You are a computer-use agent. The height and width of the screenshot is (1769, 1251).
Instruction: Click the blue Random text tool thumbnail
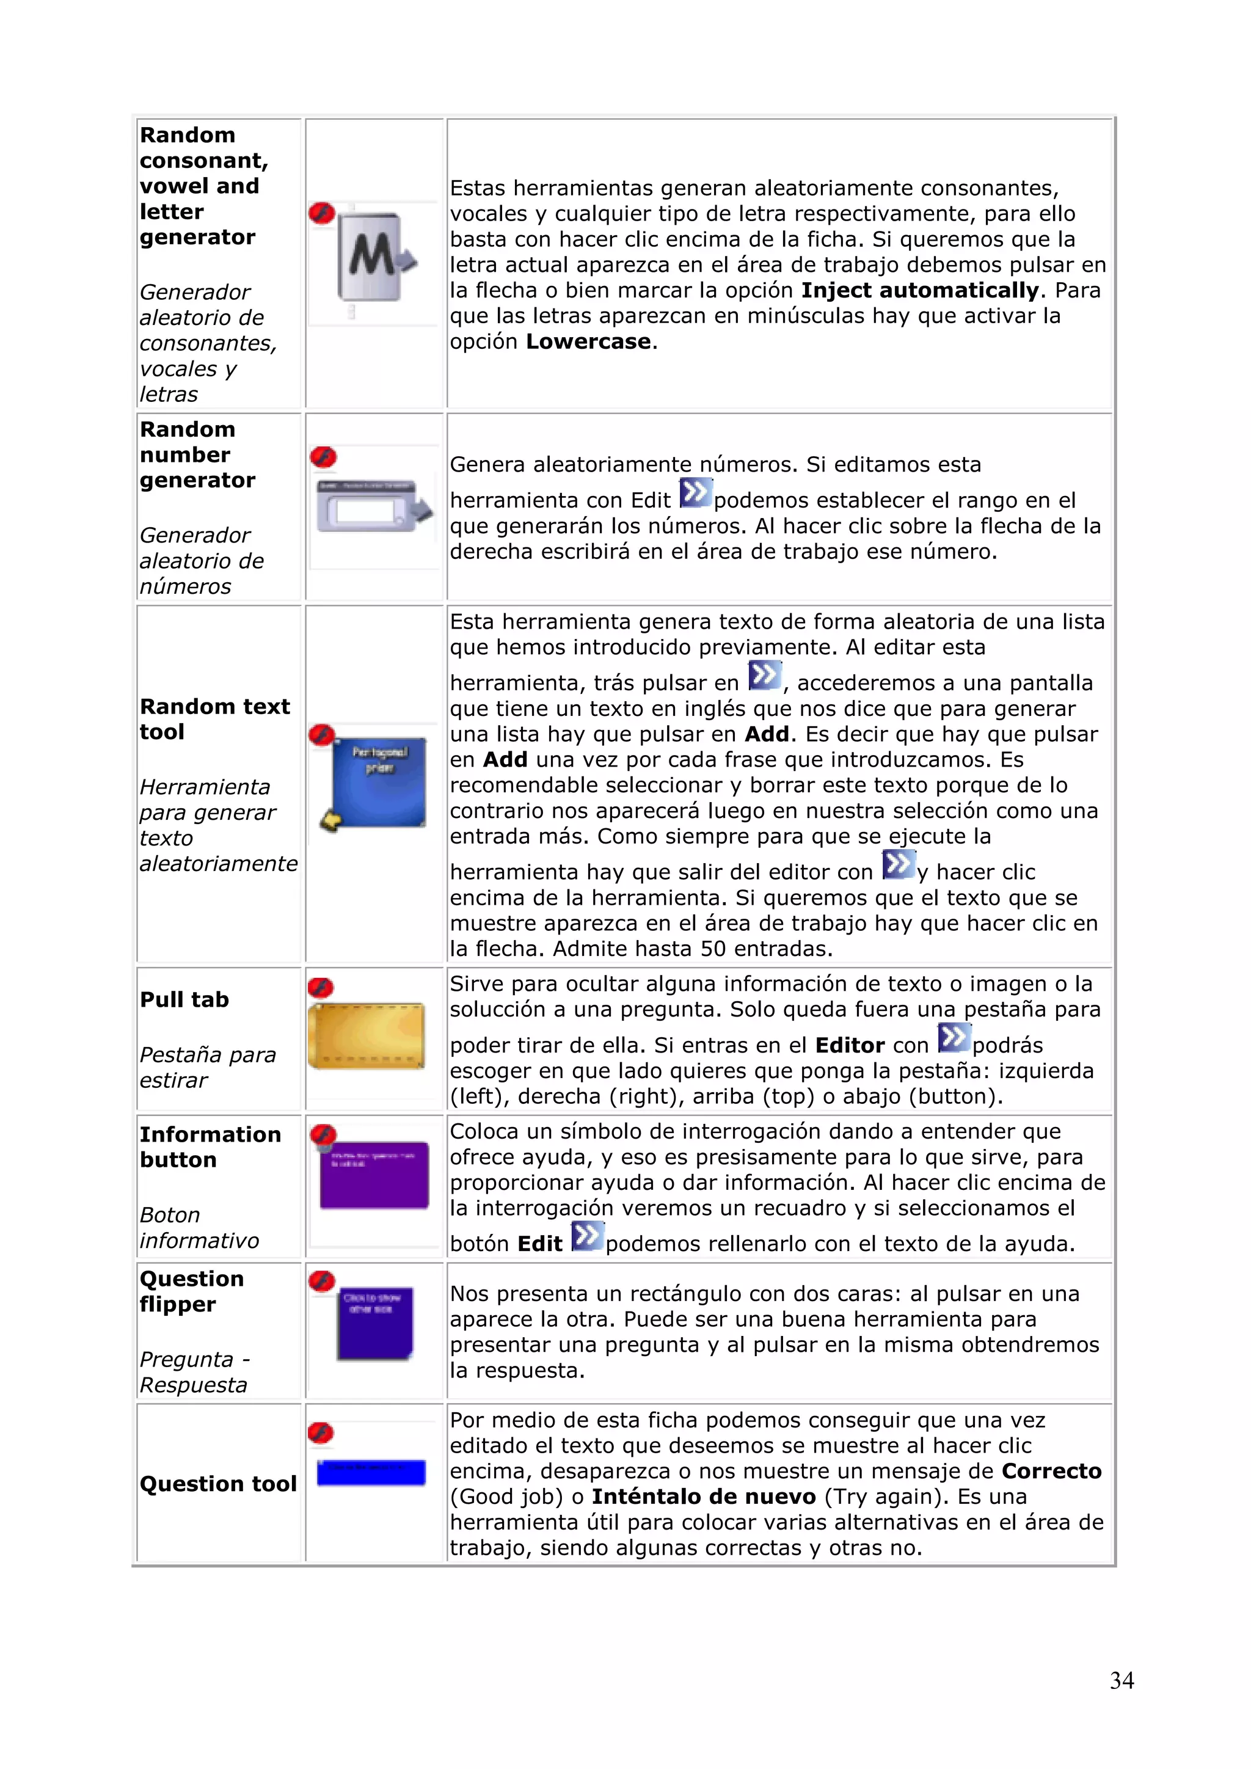click(378, 781)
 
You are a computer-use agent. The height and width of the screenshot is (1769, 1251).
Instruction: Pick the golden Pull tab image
click(367, 1035)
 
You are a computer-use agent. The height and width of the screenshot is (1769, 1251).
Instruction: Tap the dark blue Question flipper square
click(374, 1322)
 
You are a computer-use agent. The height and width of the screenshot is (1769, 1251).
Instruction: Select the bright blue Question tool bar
click(371, 1472)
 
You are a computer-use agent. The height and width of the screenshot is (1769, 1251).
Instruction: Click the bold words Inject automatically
click(920, 291)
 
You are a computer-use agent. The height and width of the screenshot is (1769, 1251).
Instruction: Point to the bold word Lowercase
click(588, 341)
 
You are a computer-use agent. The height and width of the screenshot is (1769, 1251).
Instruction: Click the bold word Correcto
click(1051, 1471)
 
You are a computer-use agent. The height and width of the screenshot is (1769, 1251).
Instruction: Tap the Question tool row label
click(218, 1483)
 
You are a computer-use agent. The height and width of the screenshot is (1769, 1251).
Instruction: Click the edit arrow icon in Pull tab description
click(954, 1038)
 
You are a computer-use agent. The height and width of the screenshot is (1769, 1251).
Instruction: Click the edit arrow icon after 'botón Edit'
click(587, 1236)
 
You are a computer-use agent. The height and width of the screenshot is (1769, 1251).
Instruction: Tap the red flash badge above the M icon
click(321, 213)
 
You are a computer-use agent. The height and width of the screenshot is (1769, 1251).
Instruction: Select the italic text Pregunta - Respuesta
click(194, 1371)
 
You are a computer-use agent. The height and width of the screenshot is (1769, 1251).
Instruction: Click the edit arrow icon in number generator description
click(696, 493)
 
